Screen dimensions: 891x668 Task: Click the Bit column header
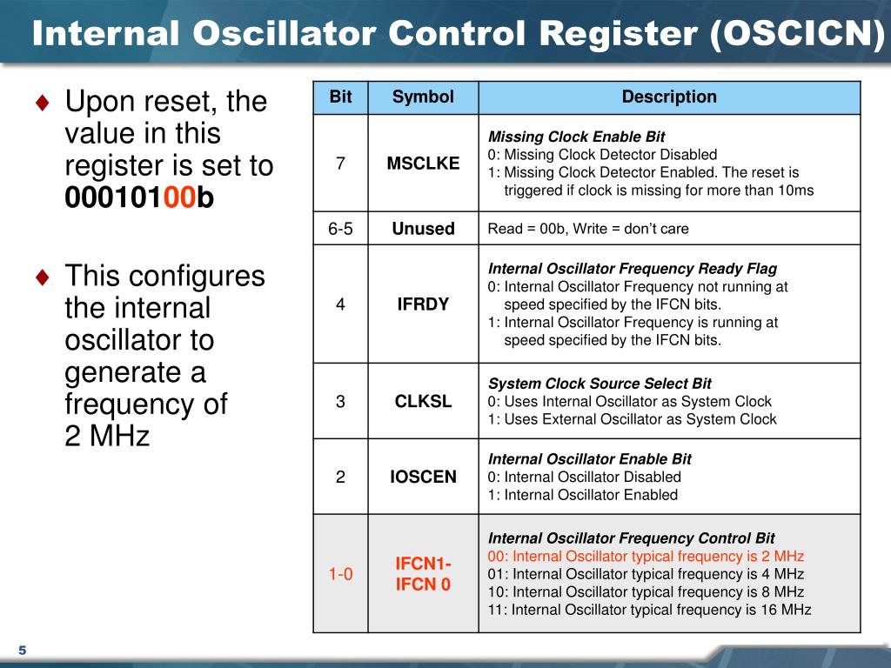click(340, 97)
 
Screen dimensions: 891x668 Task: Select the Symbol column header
click(423, 97)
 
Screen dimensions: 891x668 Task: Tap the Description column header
click(669, 97)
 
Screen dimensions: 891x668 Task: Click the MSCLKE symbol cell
click(423, 164)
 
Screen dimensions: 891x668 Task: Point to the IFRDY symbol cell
click(423, 304)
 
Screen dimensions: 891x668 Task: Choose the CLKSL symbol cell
click(423, 402)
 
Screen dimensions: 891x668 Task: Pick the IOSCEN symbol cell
click(423, 477)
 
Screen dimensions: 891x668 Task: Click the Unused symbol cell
click(423, 229)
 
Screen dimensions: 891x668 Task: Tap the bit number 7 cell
click(340, 164)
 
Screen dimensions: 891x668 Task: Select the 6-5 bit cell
click(340, 229)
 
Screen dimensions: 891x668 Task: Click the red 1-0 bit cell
click(340, 574)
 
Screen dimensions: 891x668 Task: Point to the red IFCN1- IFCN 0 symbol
click(423, 574)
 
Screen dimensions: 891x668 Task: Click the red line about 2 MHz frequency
click(646, 556)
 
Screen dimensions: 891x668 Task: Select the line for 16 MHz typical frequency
click(649, 610)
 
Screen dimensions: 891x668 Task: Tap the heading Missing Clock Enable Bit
click(576, 137)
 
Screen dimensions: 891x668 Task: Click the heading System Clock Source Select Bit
click(600, 384)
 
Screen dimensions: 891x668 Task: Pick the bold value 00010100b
click(139, 197)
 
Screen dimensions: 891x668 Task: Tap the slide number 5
click(22, 651)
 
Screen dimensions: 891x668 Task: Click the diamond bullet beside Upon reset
click(43, 103)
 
